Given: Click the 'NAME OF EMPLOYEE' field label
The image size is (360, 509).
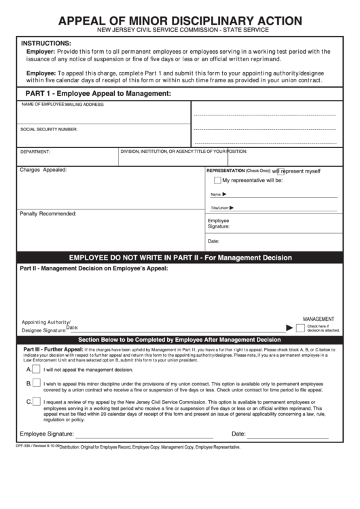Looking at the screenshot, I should point(43,105).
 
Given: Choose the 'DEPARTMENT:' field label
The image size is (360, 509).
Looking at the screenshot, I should point(35,152).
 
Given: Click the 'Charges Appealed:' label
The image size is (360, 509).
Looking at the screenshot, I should point(43,169).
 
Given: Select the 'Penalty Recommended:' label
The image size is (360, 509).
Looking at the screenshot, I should point(48,213).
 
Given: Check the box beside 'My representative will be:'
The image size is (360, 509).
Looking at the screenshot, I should point(217,181).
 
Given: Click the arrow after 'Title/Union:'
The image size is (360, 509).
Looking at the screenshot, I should point(232,207).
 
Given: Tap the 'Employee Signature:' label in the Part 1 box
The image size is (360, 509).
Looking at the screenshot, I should point(219,224).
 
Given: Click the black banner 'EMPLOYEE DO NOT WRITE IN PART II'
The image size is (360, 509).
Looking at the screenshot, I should point(180,258).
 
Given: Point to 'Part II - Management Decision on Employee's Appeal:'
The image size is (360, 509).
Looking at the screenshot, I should point(93,269).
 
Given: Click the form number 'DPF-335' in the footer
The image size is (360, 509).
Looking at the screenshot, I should point(24,446).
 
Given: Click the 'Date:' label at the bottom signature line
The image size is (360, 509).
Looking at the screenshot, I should point(238,434).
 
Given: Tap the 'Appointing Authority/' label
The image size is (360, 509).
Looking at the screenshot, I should point(46,321).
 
